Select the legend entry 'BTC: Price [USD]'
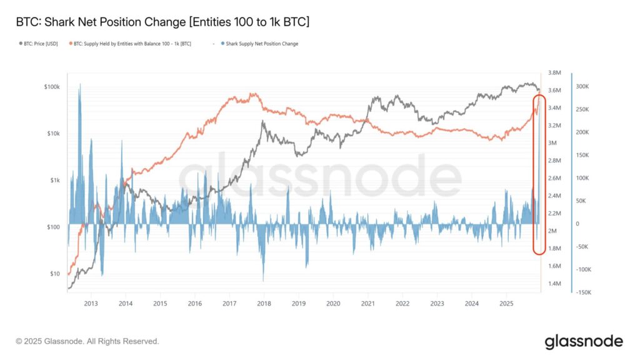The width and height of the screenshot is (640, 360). tap(41, 44)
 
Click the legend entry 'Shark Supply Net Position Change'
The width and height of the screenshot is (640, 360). tap(262, 44)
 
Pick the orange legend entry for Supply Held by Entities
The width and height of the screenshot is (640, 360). tap(131, 44)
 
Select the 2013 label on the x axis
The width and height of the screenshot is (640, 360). tap(91, 303)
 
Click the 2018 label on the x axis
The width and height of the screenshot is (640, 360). tap(264, 303)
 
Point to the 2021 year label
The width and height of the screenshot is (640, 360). tap(367, 303)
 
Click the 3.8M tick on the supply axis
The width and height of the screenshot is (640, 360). tap(556, 72)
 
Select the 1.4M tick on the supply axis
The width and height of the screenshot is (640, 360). tap(556, 284)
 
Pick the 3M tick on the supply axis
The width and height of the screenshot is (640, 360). tap(553, 143)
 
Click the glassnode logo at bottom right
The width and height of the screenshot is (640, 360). tap(583, 341)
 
